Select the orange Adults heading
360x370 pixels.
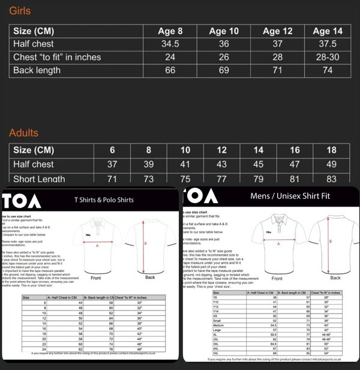pos(24,133)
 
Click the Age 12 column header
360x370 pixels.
pos(278,31)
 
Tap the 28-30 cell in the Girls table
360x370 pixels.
pos(329,57)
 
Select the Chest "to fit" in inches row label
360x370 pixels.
pos(57,57)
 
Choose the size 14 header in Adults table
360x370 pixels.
pos(259,150)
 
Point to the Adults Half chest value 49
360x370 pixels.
pos(331,165)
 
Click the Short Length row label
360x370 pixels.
pos(39,178)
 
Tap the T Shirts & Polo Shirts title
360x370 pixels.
pos(104,199)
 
